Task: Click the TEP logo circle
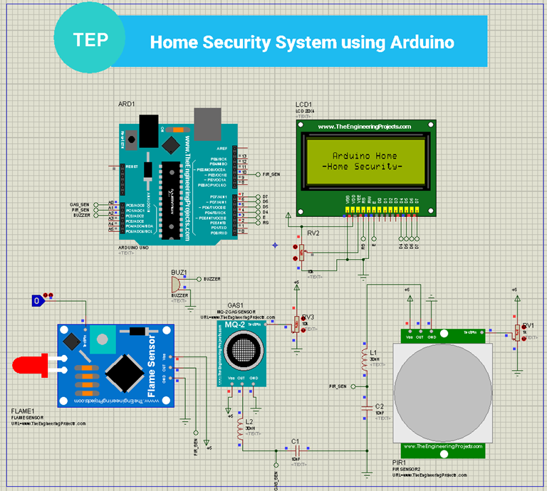tap(90, 39)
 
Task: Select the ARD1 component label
tap(126, 105)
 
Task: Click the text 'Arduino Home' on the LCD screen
tap(365, 156)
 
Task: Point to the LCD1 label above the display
tap(303, 105)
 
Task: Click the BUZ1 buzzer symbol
tap(176, 283)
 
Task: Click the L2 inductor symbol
tap(241, 434)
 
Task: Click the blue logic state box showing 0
tap(37, 302)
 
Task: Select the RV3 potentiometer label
tap(308, 317)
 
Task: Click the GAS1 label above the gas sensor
tap(235, 305)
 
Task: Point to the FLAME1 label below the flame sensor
tap(26, 411)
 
